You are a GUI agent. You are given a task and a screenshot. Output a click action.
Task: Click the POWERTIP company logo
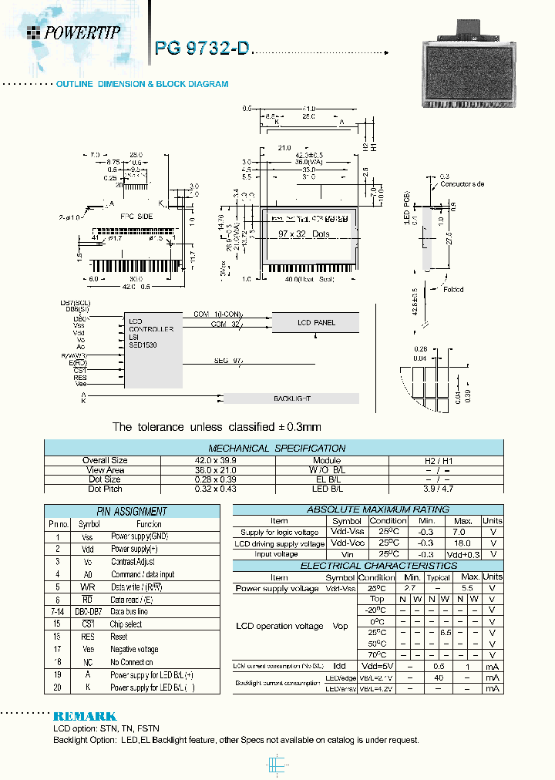pyautogui.click(x=74, y=32)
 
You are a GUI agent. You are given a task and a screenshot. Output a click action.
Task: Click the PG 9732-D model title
pyautogui.click(x=203, y=48)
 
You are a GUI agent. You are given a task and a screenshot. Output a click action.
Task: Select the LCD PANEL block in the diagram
pyautogui.click(x=315, y=322)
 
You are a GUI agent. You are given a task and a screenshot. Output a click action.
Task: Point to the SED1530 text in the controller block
pyautogui.click(x=143, y=345)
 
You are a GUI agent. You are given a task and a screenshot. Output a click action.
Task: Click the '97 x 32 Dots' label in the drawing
pyautogui.click(x=303, y=234)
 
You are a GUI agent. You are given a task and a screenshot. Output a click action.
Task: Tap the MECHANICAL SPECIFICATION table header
pyautogui.click(x=277, y=448)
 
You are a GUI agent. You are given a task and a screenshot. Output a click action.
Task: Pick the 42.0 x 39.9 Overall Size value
pyautogui.click(x=218, y=460)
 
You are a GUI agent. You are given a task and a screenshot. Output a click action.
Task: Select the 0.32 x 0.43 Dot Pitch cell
pyautogui.click(x=218, y=489)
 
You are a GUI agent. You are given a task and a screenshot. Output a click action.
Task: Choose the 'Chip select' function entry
pyautogui.click(x=126, y=624)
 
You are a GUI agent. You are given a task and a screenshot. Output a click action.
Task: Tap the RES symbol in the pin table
pyautogui.click(x=87, y=637)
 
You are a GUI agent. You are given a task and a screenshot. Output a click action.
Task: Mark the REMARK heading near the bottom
pyautogui.click(x=85, y=716)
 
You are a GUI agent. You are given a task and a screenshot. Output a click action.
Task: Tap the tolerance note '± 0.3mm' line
pyautogui.click(x=217, y=426)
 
